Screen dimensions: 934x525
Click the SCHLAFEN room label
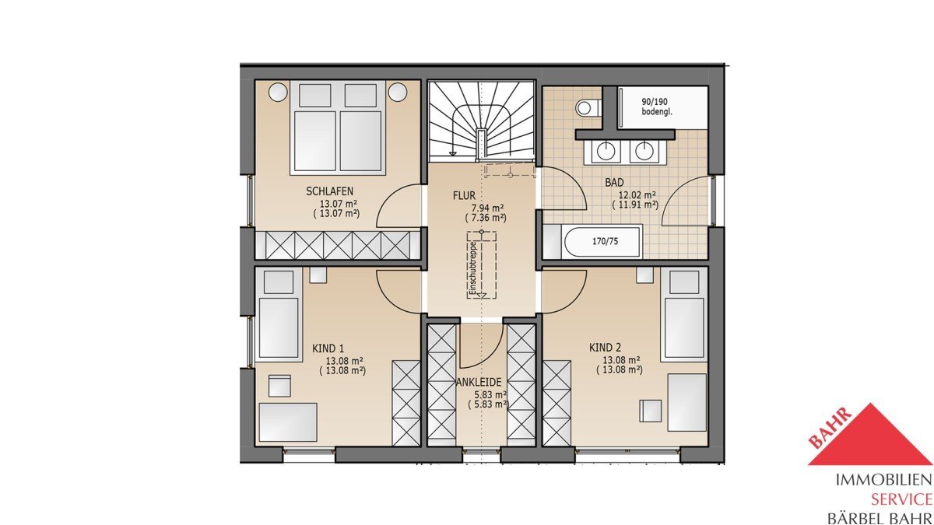coord(329,191)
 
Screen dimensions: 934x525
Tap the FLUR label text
coord(464,195)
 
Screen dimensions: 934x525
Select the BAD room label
coord(615,183)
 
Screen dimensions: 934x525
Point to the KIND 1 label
coord(328,348)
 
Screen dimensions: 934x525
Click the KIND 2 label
coord(605,348)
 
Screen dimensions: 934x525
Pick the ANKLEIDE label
coord(479,383)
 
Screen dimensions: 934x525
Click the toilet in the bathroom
coord(588,108)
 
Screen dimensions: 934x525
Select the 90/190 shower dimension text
coord(657,102)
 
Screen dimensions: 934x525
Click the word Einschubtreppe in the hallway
coord(473,269)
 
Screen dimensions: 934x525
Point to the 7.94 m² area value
coord(486,208)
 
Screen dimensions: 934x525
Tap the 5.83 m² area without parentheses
coord(488,394)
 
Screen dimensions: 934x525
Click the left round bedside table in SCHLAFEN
coord(278,91)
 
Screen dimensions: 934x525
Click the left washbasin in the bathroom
coord(604,152)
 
